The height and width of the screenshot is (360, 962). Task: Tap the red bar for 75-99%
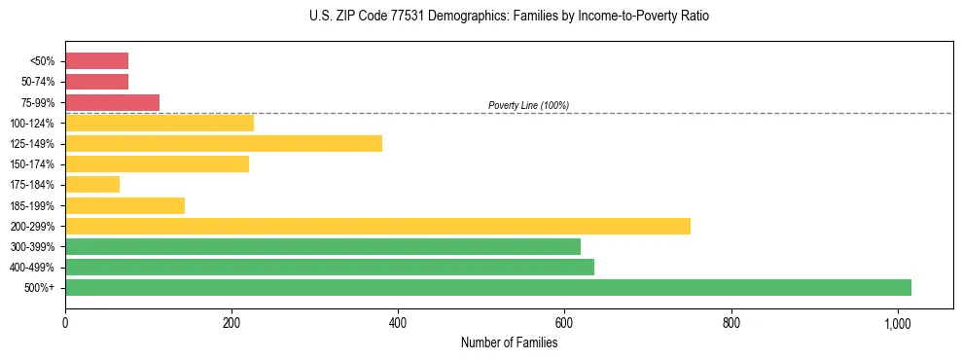click(112, 102)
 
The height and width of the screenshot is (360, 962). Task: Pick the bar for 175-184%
click(92, 184)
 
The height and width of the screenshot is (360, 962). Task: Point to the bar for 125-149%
click(224, 143)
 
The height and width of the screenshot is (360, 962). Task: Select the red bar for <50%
click(96, 61)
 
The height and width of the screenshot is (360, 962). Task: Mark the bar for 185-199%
click(125, 205)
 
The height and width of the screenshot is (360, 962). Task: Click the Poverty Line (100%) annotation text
click(528, 105)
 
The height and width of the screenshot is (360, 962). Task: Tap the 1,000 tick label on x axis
click(897, 323)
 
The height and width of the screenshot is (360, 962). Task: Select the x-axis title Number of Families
click(509, 342)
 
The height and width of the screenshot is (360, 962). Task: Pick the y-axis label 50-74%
click(38, 82)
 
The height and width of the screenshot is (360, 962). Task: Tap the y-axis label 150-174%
click(32, 164)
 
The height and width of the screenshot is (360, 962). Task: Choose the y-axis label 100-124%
click(32, 124)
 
